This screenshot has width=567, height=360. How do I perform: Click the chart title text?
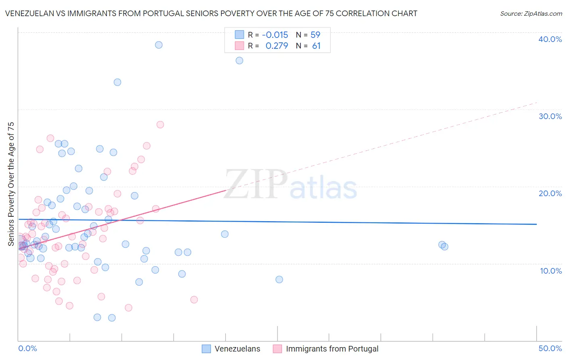coord(211,13)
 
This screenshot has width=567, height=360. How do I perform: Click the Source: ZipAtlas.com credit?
coord(531,13)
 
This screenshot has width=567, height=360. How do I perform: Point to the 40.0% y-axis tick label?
coord(550,39)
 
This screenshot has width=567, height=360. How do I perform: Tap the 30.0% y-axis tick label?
coord(550,116)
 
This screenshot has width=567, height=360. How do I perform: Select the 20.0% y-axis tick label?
coord(550,193)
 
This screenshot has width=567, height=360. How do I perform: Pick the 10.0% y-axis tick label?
coord(550,271)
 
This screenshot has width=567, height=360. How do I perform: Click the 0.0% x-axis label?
coord(27,348)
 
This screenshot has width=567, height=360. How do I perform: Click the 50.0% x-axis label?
coord(550,348)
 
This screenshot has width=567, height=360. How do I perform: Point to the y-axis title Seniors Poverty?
coord(11,184)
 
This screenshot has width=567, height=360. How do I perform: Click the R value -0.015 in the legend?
coord(275,35)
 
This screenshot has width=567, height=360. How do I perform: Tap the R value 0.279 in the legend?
coord(277,46)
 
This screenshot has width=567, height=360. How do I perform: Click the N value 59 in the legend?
coord(315,35)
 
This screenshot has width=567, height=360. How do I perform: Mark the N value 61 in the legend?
coord(316,46)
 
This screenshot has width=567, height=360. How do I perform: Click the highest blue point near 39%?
coord(159,45)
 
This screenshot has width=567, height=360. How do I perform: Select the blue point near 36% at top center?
coord(239,61)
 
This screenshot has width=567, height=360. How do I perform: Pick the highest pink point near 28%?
coord(160,125)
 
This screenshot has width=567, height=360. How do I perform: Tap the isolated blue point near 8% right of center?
coord(279,279)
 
